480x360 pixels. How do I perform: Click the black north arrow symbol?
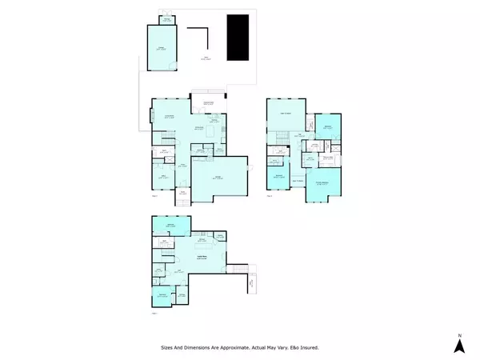[x=460, y=346]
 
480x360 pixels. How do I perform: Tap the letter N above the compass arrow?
[x=460, y=334]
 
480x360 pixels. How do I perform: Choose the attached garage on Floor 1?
[x=217, y=178]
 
